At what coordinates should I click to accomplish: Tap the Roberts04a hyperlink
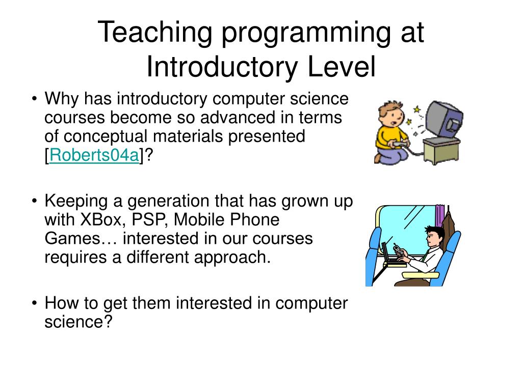[94, 156]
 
